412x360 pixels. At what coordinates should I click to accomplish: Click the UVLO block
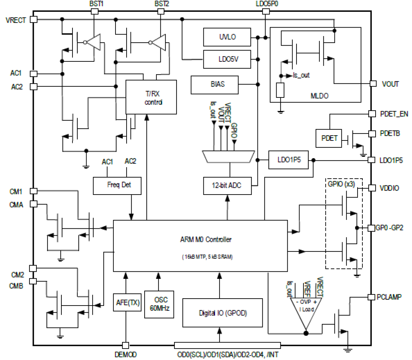[227, 37]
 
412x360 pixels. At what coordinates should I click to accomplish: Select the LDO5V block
[227, 59]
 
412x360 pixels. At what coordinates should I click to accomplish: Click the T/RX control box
[151, 97]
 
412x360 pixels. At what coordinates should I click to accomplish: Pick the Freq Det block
[117, 185]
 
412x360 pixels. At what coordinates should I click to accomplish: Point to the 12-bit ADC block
[227, 185]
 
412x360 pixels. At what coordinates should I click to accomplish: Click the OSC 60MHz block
[159, 304]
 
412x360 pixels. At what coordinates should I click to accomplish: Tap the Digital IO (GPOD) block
[222, 313]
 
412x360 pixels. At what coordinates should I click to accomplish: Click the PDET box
[329, 138]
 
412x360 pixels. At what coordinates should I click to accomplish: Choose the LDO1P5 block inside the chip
[288, 160]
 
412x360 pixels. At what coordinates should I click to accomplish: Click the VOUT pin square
[373, 83]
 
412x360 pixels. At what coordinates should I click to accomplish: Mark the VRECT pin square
[33, 19]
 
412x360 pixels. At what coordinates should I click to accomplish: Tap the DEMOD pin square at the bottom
[125, 345]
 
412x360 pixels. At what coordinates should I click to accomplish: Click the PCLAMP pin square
[371, 297]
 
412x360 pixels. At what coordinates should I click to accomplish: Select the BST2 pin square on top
[161, 11]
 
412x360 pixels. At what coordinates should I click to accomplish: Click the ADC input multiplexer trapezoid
[228, 157]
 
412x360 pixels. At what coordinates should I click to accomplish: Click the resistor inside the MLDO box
[280, 90]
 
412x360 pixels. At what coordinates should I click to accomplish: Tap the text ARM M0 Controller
[206, 240]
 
